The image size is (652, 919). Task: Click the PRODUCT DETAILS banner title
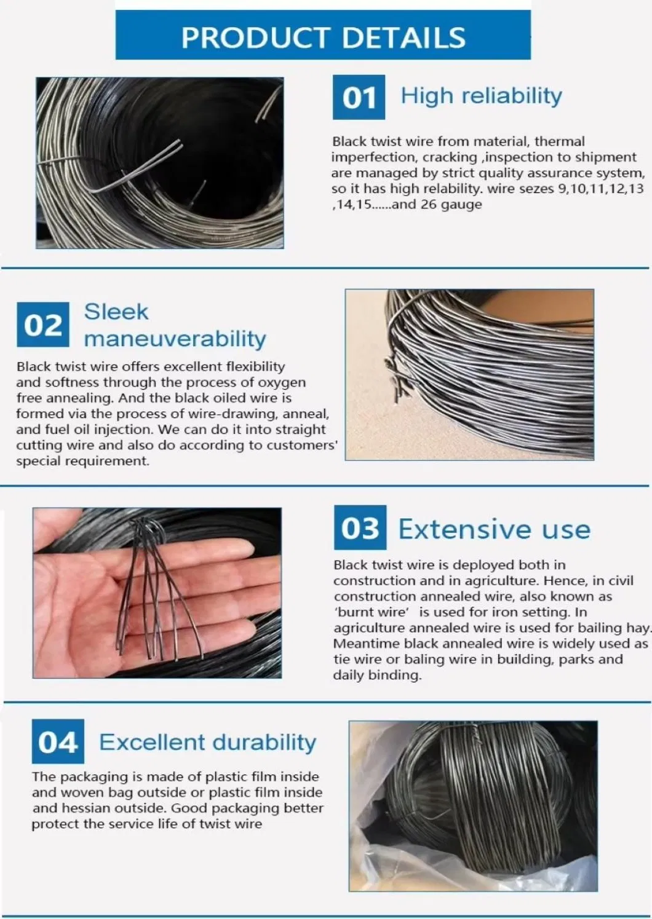click(324, 37)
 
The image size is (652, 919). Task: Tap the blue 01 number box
click(359, 97)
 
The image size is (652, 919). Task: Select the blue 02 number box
click(43, 325)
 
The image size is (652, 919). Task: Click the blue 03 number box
click(360, 527)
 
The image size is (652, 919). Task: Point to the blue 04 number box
click(58, 741)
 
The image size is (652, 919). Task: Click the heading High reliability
click(481, 97)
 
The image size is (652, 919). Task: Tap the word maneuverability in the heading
click(175, 339)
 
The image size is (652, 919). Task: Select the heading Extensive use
click(495, 529)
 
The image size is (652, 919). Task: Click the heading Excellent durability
click(208, 742)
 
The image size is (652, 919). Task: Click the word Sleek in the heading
click(116, 312)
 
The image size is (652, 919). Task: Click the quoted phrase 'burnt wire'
click(372, 612)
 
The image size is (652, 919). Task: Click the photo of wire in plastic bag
click(473, 806)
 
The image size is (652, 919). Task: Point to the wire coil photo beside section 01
click(160, 163)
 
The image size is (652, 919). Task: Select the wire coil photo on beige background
click(469, 374)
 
